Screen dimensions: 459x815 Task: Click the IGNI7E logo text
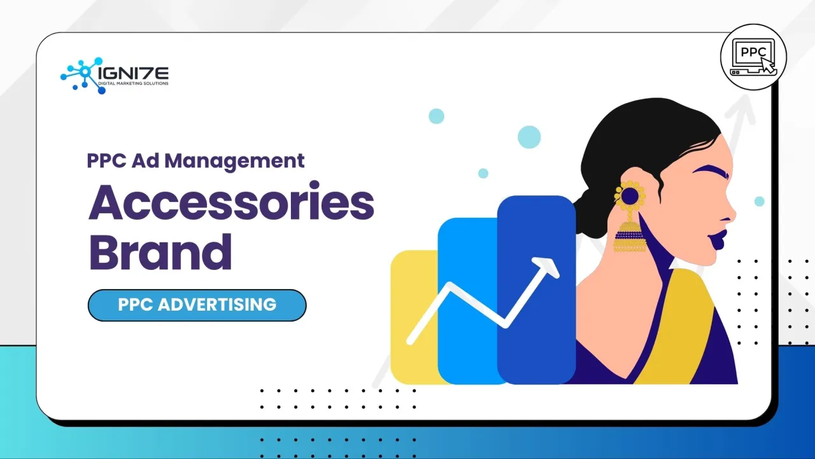(x=134, y=73)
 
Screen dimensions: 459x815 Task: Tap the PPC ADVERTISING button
(x=197, y=305)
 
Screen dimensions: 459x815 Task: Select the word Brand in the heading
(x=160, y=252)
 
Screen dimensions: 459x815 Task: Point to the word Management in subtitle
(x=235, y=160)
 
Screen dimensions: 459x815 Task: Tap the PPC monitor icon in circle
(x=753, y=57)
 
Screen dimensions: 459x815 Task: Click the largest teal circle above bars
(x=528, y=136)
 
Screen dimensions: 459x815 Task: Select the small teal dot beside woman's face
(x=759, y=201)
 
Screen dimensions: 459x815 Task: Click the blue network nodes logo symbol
(x=80, y=75)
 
